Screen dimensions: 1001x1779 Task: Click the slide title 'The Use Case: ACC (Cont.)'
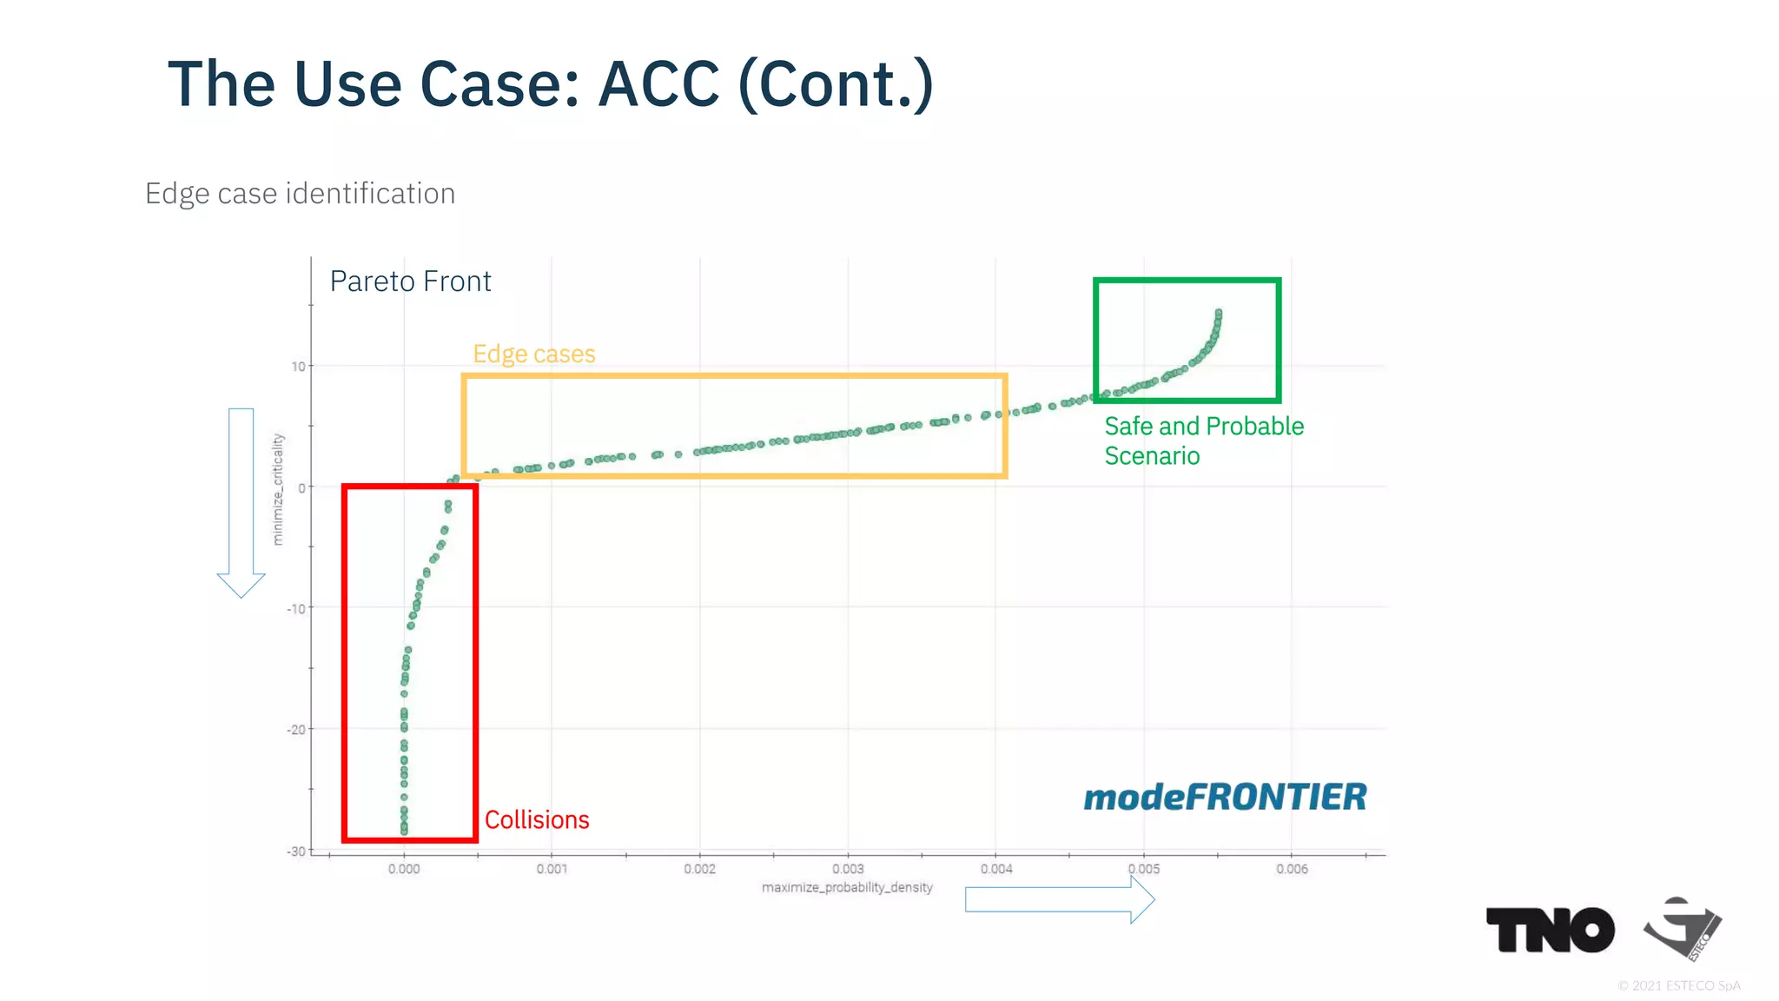[550, 84]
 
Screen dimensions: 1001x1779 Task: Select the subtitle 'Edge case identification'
[300, 193]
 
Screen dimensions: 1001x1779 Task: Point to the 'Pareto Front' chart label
[410, 282]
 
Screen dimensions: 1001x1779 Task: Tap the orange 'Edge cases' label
[533, 354]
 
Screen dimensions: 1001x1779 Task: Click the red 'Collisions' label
[537, 819]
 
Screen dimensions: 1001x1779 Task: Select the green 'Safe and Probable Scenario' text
[1203, 441]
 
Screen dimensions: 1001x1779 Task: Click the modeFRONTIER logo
[1225, 797]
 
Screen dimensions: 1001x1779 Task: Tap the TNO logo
[1550, 930]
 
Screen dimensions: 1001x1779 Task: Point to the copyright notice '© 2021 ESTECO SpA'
[1678, 985]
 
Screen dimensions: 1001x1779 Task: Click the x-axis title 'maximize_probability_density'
[847, 887]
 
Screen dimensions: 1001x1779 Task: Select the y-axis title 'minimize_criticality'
[278, 489]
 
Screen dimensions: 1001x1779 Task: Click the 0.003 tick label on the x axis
[848, 869]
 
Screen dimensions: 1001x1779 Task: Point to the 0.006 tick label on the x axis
[1292, 869]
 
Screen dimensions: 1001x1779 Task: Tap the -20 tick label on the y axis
[297, 730]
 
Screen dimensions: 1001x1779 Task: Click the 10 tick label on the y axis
[298, 367]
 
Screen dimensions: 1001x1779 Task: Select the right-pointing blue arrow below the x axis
[1060, 900]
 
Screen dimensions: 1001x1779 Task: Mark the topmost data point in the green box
[1219, 312]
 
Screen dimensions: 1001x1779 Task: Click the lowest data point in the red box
[404, 832]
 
